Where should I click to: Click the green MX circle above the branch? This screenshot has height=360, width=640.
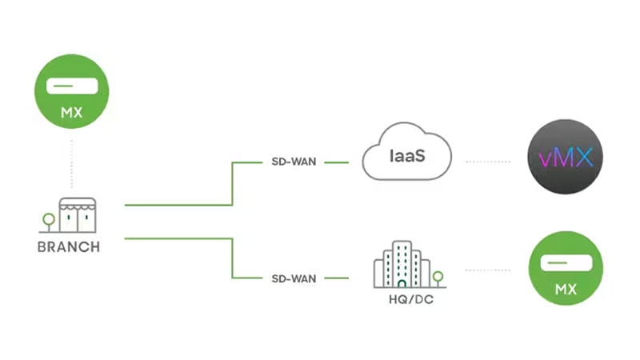(72, 90)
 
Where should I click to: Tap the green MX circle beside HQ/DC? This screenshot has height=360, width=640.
(566, 269)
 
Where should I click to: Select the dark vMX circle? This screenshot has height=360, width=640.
(566, 158)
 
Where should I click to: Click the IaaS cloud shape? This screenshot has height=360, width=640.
(406, 154)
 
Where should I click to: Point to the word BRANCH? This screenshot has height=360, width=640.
(69, 247)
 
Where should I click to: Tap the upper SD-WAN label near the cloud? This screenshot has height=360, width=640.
(294, 162)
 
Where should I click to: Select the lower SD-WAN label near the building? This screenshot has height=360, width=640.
(294, 278)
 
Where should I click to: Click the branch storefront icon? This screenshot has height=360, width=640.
(77, 216)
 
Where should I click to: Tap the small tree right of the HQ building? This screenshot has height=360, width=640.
(438, 278)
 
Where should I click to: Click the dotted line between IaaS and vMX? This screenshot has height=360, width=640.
(487, 162)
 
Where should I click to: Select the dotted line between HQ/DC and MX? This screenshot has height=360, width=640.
(487, 270)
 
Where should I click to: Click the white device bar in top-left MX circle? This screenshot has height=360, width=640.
(72, 86)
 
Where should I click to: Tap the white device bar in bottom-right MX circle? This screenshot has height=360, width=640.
(566, 263)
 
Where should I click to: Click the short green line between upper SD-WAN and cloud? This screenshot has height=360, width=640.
(336, 162)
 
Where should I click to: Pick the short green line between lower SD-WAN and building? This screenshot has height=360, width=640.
(336, 278)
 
